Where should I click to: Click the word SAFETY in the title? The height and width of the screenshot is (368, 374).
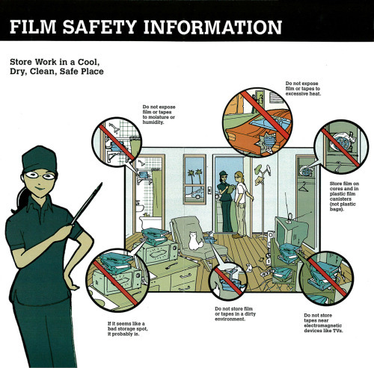coord(99,27)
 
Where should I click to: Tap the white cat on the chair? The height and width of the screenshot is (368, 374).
coord(194,240)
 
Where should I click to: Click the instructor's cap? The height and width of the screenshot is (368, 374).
coord(40,160)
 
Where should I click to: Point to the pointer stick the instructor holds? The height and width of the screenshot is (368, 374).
coord(87,204)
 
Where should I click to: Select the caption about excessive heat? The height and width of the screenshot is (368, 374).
coord(303,89)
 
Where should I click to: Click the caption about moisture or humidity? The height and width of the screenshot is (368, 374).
coord(159,114)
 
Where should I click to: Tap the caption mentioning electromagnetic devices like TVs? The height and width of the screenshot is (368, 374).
coord(323,323)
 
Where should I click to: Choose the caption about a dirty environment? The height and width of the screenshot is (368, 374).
coord(235,314)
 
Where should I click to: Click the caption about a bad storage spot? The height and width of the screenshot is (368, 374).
coord(127,328)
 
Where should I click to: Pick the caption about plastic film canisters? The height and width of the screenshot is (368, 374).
coord(344,196)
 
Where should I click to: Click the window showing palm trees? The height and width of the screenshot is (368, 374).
coord(194,179)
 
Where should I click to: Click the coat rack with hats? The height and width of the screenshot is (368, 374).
coord(263,200)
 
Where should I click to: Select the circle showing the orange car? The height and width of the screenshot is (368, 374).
coord(257,122)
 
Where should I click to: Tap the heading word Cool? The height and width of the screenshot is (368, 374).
coord(88,62)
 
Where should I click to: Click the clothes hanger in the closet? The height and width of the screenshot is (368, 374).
coord(304,187)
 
